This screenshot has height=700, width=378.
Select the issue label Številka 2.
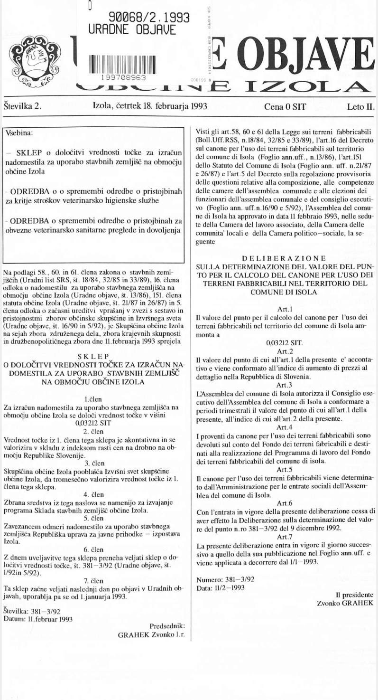(22, 105)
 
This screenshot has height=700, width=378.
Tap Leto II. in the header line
(360, 106)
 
